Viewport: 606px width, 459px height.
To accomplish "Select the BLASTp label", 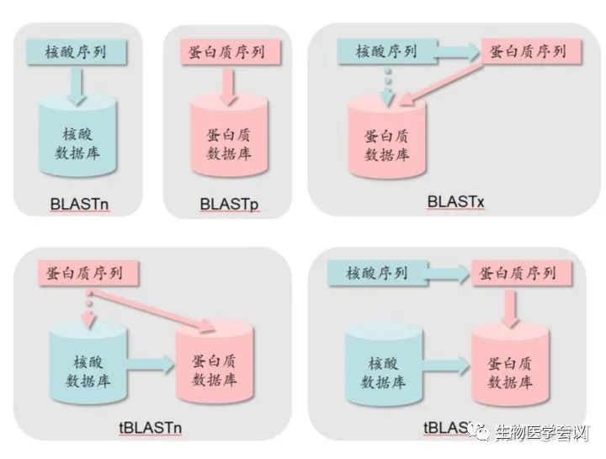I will tap(226, 205).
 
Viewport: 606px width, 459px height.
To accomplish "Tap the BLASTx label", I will tap(454, 202).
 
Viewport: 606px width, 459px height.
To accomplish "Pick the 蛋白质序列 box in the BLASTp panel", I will tap(224, 51).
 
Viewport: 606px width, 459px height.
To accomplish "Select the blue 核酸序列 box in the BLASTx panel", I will tap(385, 51).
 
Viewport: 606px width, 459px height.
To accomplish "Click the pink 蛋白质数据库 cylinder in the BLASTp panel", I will tap(224, 140).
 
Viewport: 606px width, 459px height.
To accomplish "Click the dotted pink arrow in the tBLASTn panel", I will tap(88, 310).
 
